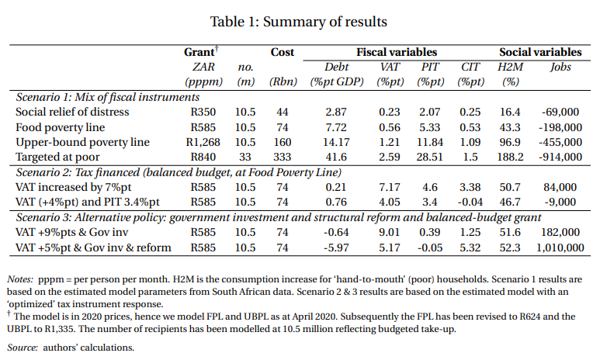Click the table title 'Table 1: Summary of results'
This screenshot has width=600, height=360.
(x=300, y=21)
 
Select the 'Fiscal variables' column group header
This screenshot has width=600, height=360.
(x=396, y=53)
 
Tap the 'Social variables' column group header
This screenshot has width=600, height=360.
(x=540, y=53)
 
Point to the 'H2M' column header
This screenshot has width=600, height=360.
(x=509, y=67)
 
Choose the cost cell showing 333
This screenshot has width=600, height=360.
(x=282, y=157)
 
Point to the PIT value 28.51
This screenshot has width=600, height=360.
(x=430, y=157)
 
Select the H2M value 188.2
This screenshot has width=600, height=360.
(x=509, y=157)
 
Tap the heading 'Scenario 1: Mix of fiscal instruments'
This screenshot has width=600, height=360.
(x=107, y=97)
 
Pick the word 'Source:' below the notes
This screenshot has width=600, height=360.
(x=23, y=347)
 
